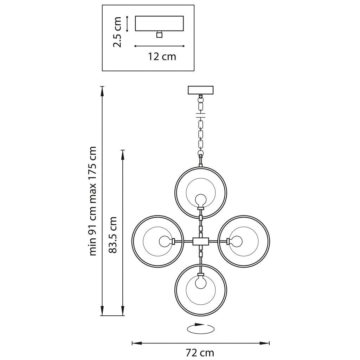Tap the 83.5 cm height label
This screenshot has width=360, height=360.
(x=112, y=235)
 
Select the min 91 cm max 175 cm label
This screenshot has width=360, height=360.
(x=92, y=201)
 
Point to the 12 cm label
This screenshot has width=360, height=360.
(x=162, y=56)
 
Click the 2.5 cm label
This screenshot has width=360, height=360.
(x=117, y=32)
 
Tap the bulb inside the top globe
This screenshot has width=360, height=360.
(x=201, y=200)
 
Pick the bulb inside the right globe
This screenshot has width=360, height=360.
(x=236, y=241)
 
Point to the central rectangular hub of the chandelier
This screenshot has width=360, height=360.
(x=201, y=242)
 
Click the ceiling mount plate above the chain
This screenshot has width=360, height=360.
(x=201, y=90)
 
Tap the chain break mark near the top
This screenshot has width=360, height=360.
(x=201, y=115)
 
